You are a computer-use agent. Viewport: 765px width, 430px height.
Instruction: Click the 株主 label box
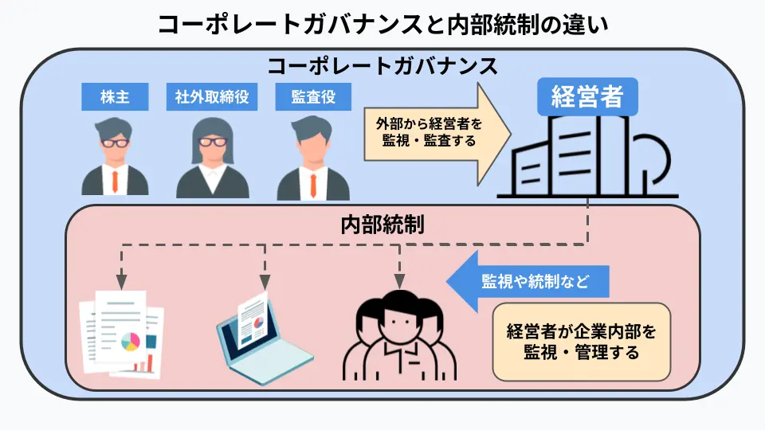click(x=116, y=97)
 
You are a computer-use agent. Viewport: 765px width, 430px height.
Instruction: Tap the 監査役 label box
click(x=312, y=97)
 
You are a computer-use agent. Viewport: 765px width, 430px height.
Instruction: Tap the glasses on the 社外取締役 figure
click(x=213, y=142)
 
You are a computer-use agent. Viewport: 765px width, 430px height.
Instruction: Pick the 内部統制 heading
click(x=382, y=225)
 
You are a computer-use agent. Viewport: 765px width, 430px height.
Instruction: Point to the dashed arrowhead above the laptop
click(x=265, y=282)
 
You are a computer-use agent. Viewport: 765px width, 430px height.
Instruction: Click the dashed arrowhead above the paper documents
click(x=121, y=282)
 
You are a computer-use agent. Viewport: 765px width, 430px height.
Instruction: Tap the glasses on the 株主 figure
click(x=116, y=142)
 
